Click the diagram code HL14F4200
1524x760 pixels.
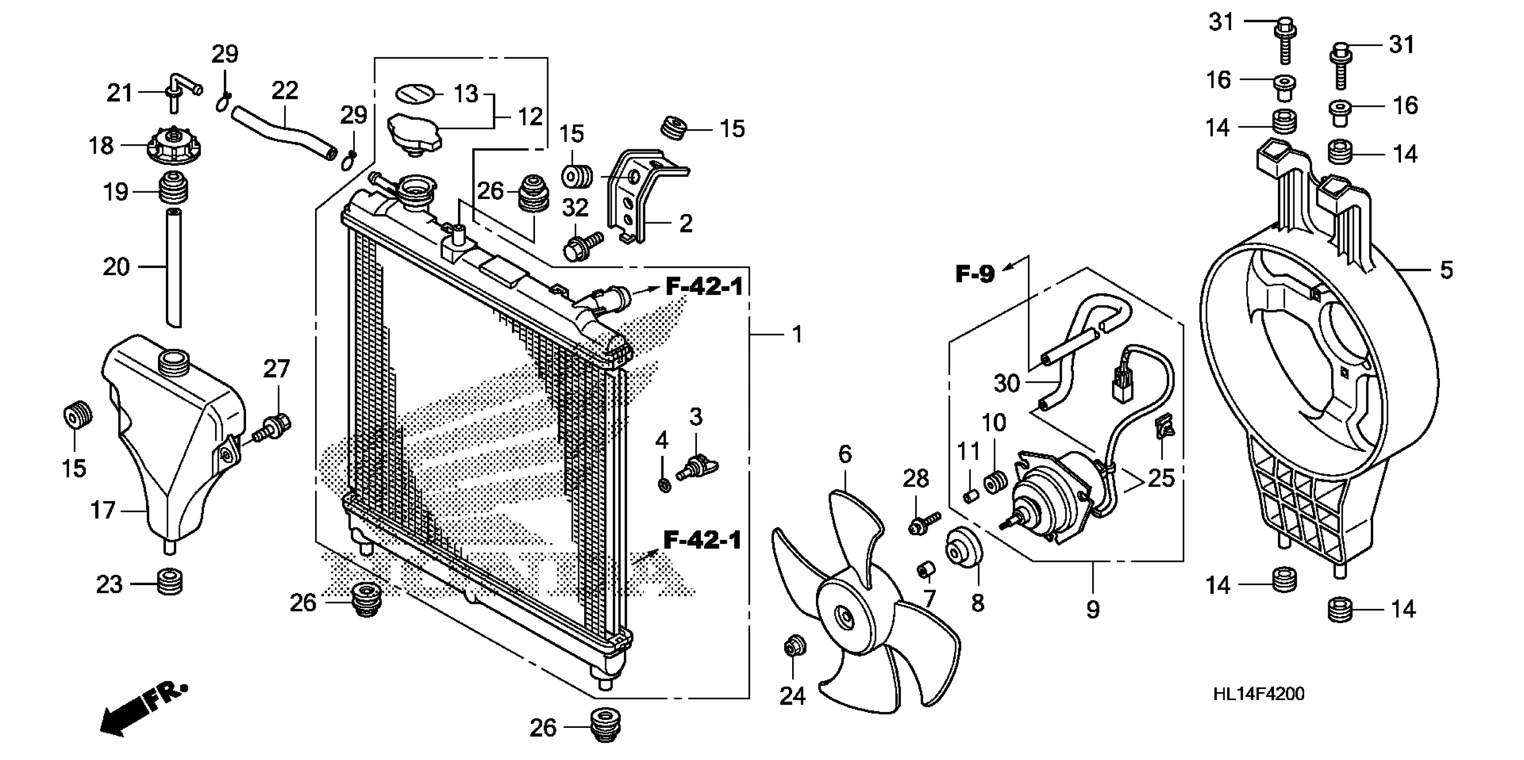[1258, 694]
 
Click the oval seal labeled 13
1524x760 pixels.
[415, 93]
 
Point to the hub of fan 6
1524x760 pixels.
[846, 618]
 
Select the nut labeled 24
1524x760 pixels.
[793, 648]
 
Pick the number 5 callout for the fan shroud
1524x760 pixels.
[1446, 270]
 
